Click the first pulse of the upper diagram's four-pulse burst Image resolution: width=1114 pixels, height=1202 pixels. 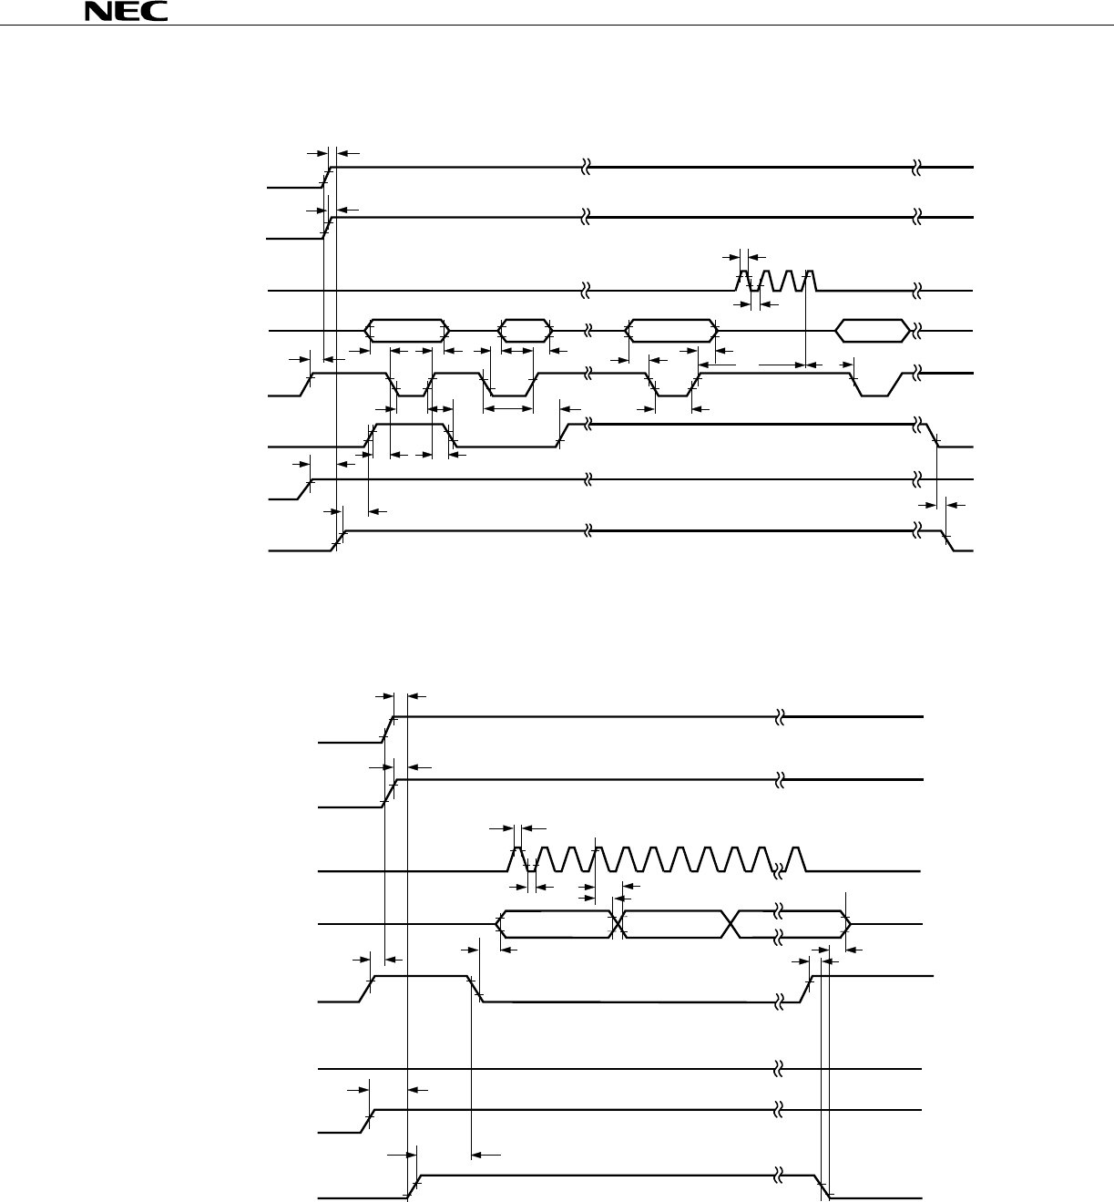pos(743,280)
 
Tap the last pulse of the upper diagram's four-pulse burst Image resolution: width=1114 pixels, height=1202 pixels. pos(809,280)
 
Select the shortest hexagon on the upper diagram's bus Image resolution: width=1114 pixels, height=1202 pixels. pos(526,330)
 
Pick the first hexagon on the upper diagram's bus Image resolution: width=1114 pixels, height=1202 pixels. pos(407,330)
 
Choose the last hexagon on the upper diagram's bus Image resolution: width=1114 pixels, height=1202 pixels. pos(873,330)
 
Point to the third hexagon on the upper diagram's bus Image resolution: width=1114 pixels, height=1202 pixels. pos(672,330)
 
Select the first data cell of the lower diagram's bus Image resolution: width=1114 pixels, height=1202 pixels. pos(556,924)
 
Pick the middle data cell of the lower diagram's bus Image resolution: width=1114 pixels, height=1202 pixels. pos(676,924)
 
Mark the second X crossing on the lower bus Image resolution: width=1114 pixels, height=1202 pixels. pos(732,924)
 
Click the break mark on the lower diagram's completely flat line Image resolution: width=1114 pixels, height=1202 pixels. pos(780,1067)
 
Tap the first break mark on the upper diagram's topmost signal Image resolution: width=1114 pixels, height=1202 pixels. pos(587,168)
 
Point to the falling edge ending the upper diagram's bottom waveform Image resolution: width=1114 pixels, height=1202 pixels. pos(947,541)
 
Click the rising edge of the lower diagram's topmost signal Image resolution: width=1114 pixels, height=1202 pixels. pos(389,729)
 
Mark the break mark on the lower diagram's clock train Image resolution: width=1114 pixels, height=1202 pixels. pos(780,870)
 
